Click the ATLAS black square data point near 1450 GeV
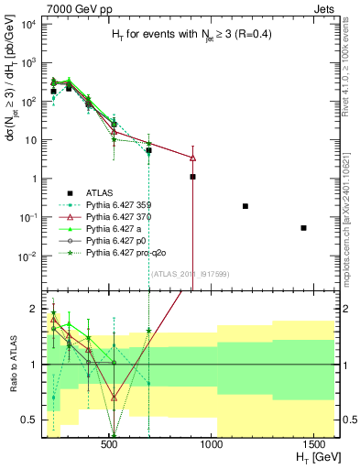point(303,228)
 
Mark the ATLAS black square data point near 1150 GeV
point(245,206)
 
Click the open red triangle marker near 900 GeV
point(192,158)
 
